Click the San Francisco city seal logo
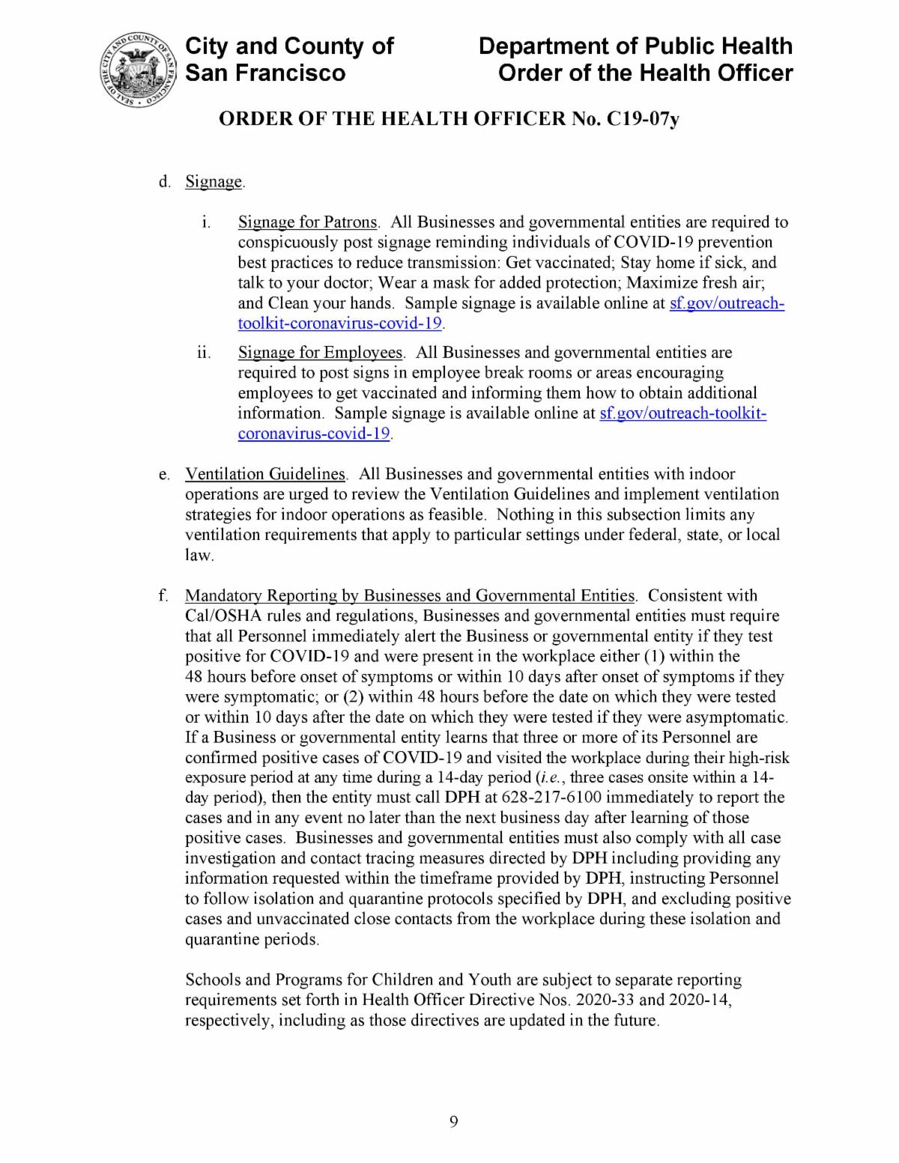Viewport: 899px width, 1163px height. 137,71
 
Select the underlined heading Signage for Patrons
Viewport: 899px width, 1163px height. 307,222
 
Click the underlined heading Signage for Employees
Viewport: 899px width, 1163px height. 320,353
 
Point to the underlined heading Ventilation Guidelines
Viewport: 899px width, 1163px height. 265,474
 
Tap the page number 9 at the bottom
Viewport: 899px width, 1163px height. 453,1121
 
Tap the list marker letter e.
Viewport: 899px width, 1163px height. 163,475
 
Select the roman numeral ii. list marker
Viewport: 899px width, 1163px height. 203,353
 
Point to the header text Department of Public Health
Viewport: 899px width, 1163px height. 635,46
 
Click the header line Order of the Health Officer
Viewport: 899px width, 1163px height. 645,73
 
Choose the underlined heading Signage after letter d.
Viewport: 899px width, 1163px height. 214,182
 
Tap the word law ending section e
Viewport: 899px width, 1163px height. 199,556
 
